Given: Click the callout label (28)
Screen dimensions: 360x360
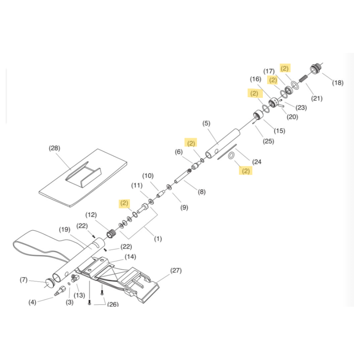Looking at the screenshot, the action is point(54,148).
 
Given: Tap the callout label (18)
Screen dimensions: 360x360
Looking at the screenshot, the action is point(338,83).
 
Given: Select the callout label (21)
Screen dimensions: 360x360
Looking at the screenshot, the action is point(317,99).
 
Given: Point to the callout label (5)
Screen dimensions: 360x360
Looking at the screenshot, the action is point(206,123).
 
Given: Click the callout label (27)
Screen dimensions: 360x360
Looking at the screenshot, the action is point(176,270).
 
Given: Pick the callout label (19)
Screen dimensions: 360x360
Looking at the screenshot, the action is point(64,230).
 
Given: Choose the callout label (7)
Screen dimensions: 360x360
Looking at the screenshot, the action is point(24,280).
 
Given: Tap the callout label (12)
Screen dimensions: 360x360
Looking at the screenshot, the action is point(91,215).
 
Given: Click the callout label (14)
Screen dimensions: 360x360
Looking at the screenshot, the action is point(130,257).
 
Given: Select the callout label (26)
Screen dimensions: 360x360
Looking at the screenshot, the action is point(113,305).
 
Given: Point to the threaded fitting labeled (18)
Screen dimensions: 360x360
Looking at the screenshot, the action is point(315,68).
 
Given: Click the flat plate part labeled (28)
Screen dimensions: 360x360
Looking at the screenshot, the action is point(83,178).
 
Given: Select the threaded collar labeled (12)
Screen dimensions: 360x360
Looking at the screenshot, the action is point(112,234).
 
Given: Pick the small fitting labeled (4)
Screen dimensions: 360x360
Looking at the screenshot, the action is point(60,291).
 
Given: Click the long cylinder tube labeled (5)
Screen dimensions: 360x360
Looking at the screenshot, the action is point(222,144).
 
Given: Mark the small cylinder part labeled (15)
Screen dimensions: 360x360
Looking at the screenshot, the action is point(258,115).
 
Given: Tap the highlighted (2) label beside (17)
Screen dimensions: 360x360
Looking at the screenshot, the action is point(273,80).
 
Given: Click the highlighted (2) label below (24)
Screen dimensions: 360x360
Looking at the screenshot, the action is point(246,171).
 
